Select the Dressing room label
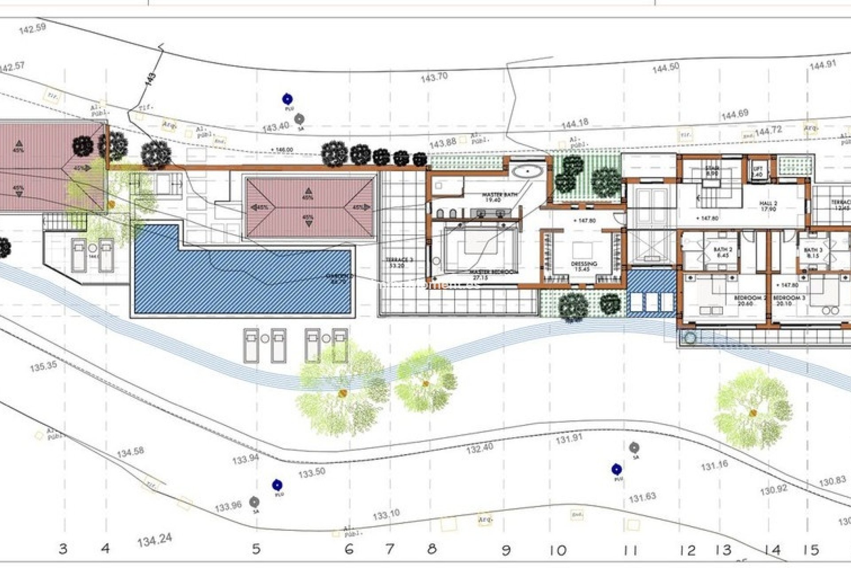tap(584, 266)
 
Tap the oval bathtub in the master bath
tap(527, 171)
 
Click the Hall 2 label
tap(768, 206)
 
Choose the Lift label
tap(757, 171)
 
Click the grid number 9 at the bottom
tap(506, 550)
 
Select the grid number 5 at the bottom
tap(256, 549)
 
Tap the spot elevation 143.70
tap(434, 77)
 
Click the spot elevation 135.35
tap(43, 367)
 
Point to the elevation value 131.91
tap(569, 439)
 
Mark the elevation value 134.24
tap(154, 540)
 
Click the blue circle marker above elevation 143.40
tap(288, 99)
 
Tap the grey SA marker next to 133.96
tap(254, 502)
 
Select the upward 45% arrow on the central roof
tap(308, 192)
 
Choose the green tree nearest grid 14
tap(752, 413)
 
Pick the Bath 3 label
tap(813, 252)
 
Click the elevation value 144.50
tap(665, 67)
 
